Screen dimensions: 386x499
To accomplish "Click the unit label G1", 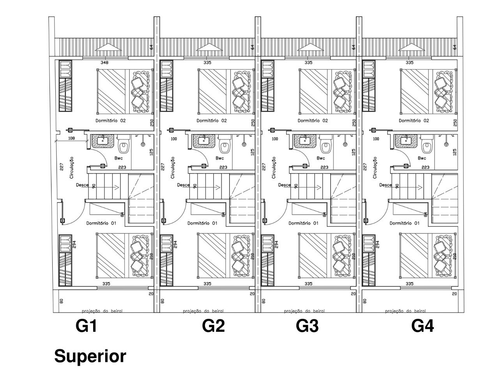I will click(86, 326).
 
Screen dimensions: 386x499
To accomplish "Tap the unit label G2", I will click(213, 326).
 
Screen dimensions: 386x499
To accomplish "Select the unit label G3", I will click(307, 326).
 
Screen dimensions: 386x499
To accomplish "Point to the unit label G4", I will click(423, 326).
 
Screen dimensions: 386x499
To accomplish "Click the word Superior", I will click(90, 356).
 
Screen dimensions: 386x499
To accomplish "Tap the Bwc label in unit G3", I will click(321, 158).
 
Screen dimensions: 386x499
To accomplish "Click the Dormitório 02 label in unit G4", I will click(414, 121).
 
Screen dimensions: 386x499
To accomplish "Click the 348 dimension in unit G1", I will click(104, 62).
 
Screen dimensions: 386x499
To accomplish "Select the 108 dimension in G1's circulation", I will click(71, 139).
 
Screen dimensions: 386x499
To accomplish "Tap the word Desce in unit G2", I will click(183, 185).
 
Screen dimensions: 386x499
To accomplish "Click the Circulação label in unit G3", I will click(274, 168).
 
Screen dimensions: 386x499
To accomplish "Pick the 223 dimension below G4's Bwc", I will click(425, 167).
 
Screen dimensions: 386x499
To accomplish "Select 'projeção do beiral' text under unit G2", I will click(203, 311).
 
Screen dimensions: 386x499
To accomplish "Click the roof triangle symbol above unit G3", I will click(308, 46).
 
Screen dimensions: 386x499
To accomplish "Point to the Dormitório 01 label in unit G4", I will click(404, 224).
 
